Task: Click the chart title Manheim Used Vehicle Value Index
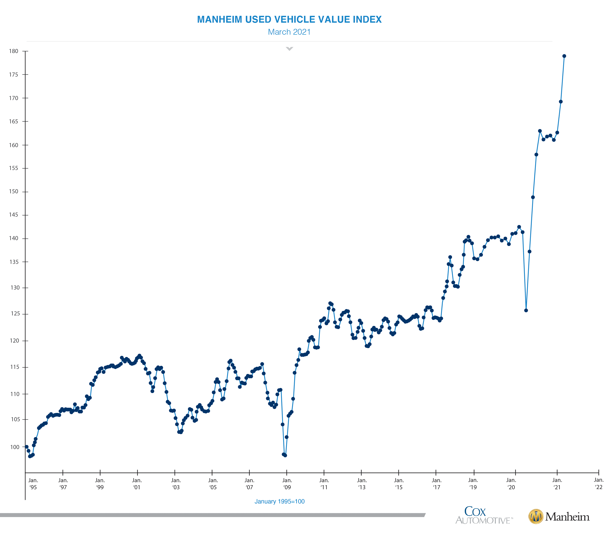[289, 19]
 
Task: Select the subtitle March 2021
[289, 32]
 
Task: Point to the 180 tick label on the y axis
[13, 51]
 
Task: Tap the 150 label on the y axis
[13, 192]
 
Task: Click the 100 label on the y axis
[15, 447]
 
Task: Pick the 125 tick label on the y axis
[15, 314]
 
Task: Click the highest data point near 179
[564, 56]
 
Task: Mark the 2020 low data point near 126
[526, 310]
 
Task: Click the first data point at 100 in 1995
[27, 447]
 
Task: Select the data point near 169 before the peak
[561, 102]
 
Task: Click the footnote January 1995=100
[280, 501]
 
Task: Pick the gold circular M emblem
[536, 516]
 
